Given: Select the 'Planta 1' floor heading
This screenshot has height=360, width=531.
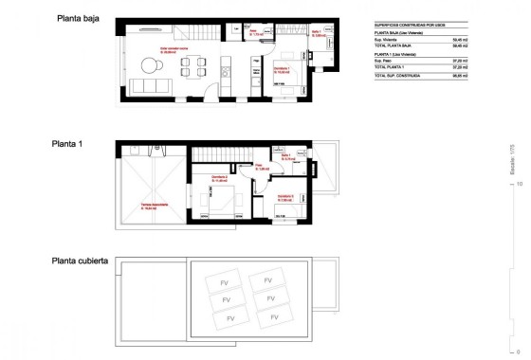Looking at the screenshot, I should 68,145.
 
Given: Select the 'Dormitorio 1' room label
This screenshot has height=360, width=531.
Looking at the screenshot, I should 281,68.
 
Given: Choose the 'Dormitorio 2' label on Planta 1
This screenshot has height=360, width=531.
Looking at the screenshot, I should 220,177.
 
